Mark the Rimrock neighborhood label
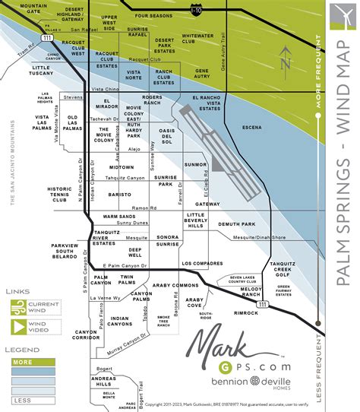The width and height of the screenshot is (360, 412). click(246, 312)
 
